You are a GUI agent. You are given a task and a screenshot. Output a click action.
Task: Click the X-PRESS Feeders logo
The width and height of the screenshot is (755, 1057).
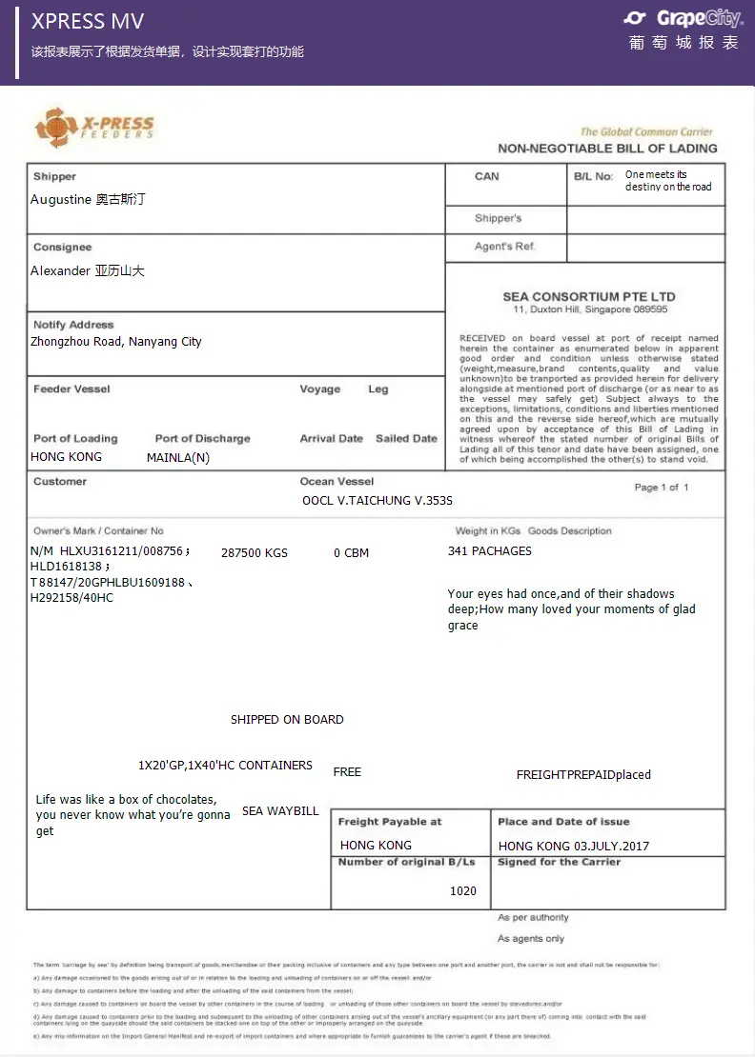(94, 128)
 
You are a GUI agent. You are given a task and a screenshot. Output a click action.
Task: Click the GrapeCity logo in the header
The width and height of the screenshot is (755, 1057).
(682, 19)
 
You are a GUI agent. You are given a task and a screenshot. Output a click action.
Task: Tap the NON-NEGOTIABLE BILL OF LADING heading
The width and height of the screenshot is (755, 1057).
(607, 149)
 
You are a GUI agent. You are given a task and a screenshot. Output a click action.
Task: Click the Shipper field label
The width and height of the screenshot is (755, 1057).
(54, 176)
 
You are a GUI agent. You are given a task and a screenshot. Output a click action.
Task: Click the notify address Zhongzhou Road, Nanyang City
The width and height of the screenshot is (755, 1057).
(115, 342)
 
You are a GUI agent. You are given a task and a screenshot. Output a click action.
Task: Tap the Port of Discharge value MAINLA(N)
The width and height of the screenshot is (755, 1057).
(177, 457)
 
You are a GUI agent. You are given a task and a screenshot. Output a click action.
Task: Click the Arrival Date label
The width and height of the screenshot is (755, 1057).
(331, 439)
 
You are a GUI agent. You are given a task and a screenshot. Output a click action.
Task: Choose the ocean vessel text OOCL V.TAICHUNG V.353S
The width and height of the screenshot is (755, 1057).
(377, 500)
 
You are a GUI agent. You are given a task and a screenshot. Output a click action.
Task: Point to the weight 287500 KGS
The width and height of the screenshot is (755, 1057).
(254, 552)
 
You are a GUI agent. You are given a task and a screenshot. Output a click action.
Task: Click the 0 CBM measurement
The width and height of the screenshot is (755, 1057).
(351, 552)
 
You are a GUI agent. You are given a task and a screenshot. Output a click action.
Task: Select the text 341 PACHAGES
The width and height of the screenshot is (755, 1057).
(490, 551)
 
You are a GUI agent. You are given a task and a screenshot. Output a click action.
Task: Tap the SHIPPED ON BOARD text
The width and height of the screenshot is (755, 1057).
(287, 720)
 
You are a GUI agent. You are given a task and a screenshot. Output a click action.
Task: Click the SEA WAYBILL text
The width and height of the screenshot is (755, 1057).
(280, 811)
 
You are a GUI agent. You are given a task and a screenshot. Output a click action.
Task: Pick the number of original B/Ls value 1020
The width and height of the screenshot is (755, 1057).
(463, 891)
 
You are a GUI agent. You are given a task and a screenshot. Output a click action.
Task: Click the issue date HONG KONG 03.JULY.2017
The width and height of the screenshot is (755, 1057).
(573, 846)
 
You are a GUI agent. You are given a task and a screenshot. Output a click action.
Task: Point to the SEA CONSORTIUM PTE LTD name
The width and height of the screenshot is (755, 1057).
(589, 297)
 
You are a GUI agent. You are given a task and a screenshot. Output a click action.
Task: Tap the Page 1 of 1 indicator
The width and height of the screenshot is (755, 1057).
(662, 488)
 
